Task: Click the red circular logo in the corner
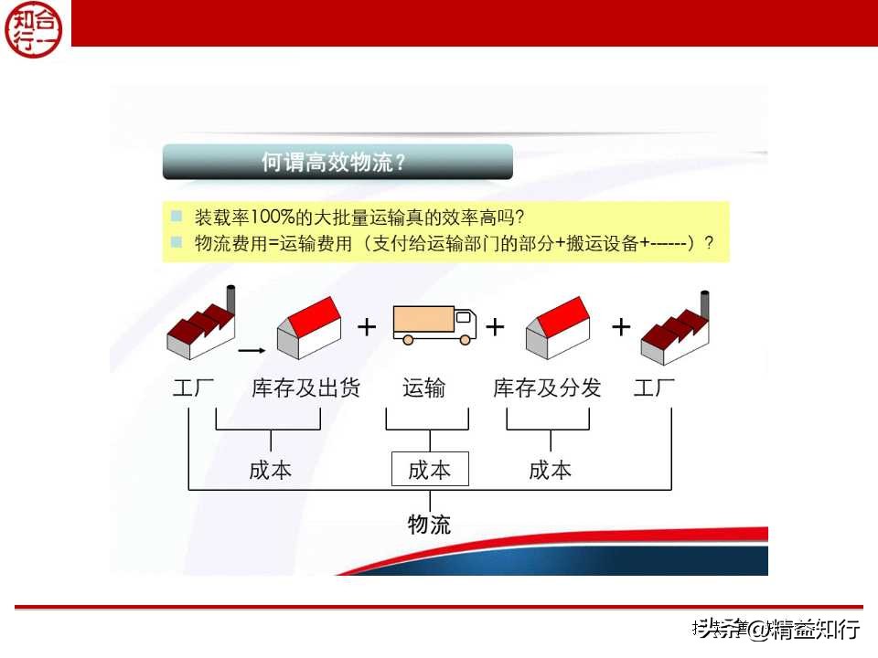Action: pos(34,27)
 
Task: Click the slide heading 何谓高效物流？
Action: pos(335,163)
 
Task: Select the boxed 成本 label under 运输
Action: pos(429,470)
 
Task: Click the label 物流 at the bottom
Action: pos(429,525)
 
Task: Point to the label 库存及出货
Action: pos(305,388)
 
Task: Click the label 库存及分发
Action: pos(547,388)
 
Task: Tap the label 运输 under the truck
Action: pos(423,388)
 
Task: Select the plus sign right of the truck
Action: pos(495,326)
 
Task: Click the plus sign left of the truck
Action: pos(366,326)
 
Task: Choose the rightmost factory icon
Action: pos(676,329)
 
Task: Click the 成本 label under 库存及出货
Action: pos(270,470)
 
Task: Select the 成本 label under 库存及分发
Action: pos(550,470)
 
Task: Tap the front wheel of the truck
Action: pos(466,339)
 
